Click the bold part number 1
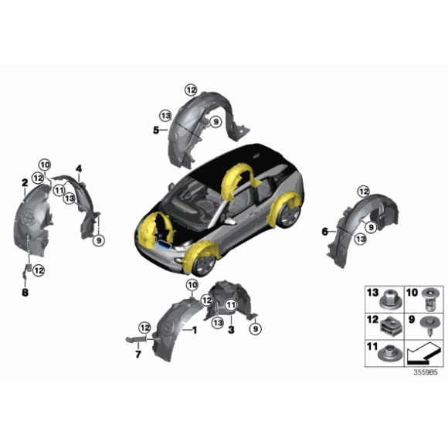coord(194,330)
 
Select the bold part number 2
coord(25,182)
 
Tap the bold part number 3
coord(230,329)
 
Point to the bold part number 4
coord(78,168)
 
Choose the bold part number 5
coord(155,131)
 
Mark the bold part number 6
coord(325,230)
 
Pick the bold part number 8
coord(24,293)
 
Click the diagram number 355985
coord(423,372)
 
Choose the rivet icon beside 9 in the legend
coord(426,324)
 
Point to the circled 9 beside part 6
coord(371,226)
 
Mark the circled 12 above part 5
coord(191,90)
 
